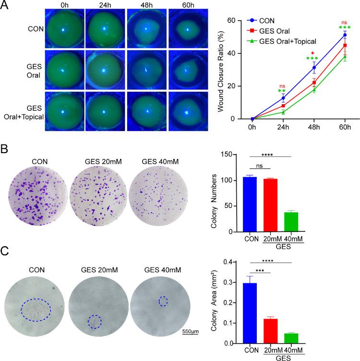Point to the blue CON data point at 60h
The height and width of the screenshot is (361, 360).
[x=345, y=35]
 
